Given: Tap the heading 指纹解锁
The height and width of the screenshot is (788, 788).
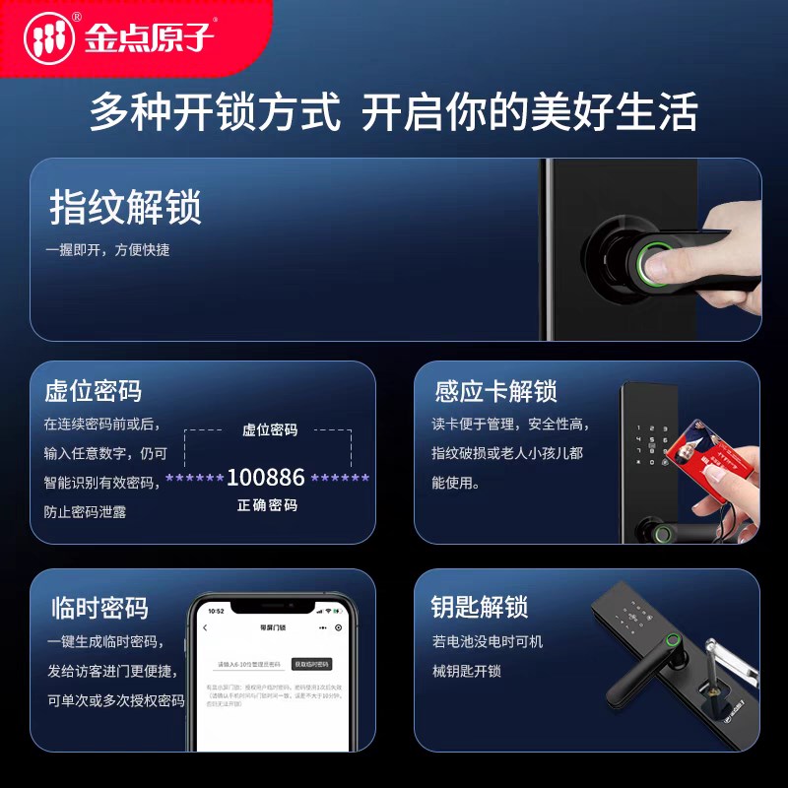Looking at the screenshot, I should (125, 209).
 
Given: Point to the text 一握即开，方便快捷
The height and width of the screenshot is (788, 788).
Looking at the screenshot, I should (107, 250).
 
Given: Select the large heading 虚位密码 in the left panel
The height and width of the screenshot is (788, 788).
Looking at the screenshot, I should (94, 392).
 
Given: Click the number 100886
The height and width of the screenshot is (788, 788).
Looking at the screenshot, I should (266, 478).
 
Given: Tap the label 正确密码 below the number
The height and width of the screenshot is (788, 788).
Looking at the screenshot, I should (267, 505).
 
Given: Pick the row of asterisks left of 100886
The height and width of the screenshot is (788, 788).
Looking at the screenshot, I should (194, 478).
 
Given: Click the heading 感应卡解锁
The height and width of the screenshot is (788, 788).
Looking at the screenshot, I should (496, 392).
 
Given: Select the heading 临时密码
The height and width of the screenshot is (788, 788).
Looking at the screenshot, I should (99, 607).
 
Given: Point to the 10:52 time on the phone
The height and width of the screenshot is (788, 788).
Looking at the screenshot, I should (216, 612).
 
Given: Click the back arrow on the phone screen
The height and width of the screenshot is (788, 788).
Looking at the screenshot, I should (205, 627).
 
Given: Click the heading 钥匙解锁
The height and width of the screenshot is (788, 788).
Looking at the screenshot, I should (480, 607).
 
